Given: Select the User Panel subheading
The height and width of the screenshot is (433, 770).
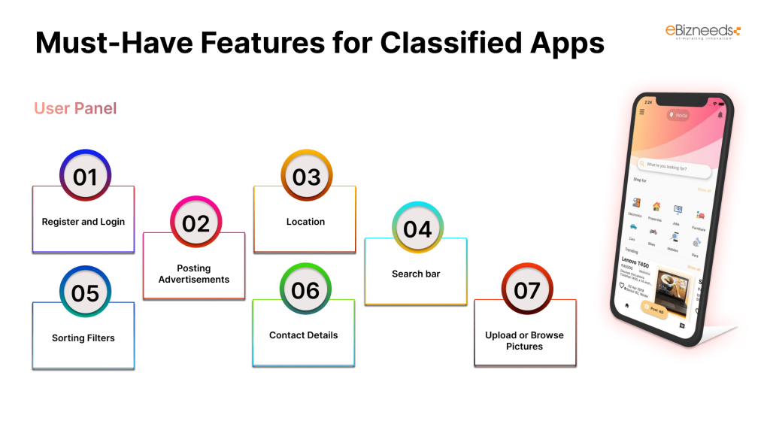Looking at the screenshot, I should click(75, 108).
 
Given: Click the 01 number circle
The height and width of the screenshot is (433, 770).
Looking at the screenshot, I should click(85, 177).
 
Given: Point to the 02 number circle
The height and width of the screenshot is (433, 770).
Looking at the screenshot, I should click(196, 223).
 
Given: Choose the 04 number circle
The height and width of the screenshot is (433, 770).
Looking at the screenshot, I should click(417, 229).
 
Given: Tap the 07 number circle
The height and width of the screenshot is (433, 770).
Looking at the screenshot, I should click(527, 289).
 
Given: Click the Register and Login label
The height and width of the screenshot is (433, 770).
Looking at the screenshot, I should click(83, 222).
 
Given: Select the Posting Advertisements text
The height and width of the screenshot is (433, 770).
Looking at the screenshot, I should click(193, 274).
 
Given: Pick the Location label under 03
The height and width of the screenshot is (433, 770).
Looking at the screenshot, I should click(305, 222).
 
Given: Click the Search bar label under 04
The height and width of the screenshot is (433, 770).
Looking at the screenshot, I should click(416, 274).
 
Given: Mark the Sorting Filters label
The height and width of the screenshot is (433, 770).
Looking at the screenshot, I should click(83, 338).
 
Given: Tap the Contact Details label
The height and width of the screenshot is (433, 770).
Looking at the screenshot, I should click(304, 335).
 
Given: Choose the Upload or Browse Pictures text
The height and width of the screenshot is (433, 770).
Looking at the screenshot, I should click(524, 341).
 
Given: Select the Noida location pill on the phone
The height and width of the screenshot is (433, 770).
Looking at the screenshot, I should click(678, 115).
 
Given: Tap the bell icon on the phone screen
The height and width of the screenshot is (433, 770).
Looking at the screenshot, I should click(720, 114).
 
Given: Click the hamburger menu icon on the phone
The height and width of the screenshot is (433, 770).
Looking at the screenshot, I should click(641, 112).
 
